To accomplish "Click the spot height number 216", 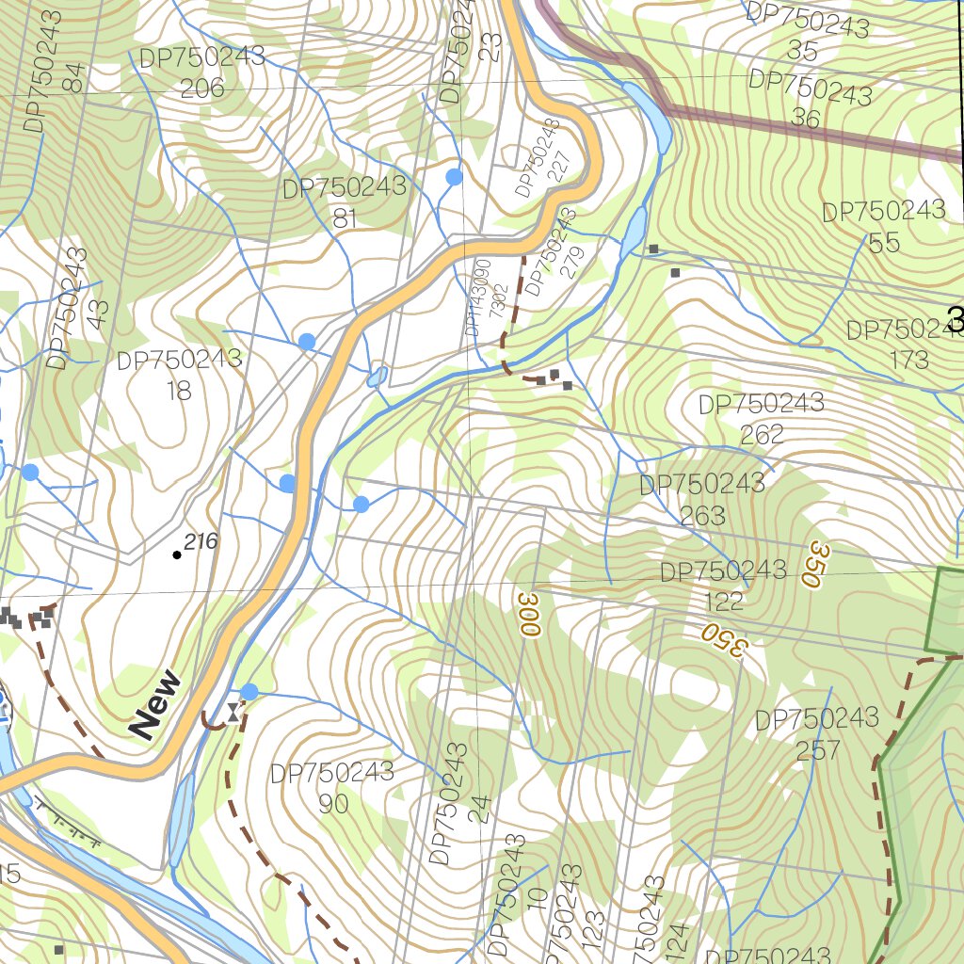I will coord(201,541).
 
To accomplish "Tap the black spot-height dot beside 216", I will coord(177,554).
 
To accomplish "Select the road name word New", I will coord(155,703).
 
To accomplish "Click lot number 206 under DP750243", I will coord(202,88).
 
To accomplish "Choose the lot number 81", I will coord(345,218).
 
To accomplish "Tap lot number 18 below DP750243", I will coord(179,390).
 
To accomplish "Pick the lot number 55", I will coord(884,243).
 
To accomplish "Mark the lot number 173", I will coord(908,360).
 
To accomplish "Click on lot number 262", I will coord(762,434).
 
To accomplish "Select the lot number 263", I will coord(702,515).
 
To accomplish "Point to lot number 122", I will coord(723,601).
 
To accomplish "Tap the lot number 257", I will coord(817,750).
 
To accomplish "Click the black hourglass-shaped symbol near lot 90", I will coord(232,712).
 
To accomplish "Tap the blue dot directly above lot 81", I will coord(454,176).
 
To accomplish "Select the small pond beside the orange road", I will coord(378,376).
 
